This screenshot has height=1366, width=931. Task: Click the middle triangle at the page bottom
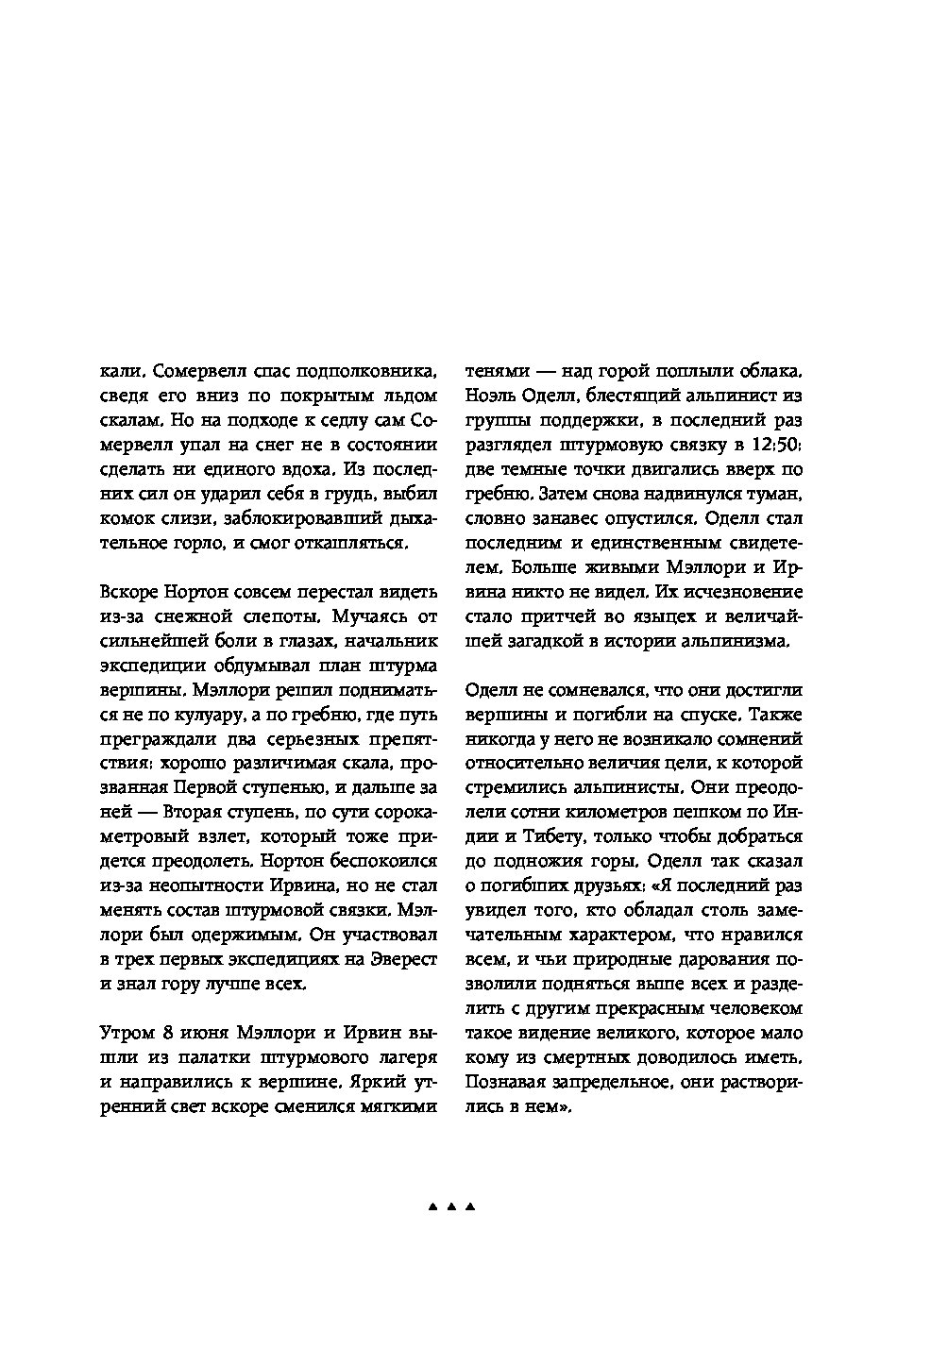point(450,1207)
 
